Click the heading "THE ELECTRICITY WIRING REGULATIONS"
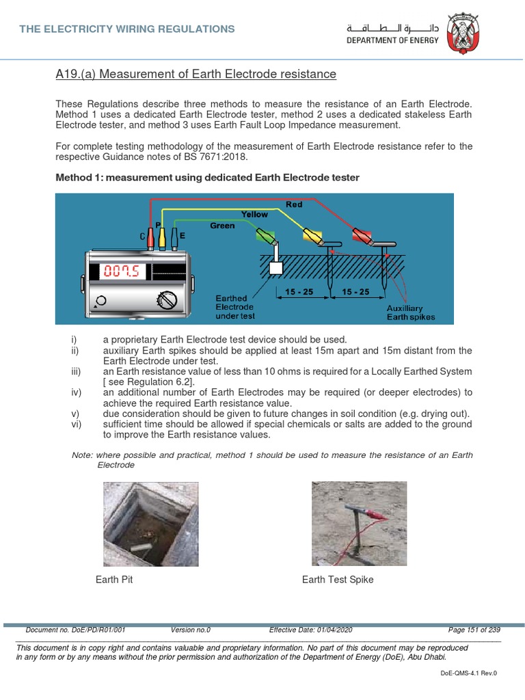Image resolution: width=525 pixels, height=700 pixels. pos(127,29)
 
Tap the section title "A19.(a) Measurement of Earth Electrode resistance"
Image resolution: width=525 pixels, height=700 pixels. pos(196,74)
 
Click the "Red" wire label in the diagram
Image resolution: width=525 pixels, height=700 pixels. pos(294,204)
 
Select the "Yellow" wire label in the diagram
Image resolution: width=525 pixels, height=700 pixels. pos(254,215)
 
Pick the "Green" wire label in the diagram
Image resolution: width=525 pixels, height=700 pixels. pos(222,226)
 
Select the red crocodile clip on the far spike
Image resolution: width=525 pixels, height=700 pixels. pos(362,237)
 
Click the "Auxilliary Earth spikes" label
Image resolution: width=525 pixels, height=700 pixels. pos(410,313)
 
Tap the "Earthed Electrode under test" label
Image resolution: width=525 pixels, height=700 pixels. pos(236,308)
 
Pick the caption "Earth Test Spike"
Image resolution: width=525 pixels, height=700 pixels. pos(338,580)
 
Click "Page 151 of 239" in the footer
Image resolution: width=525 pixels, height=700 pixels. pos(474,630)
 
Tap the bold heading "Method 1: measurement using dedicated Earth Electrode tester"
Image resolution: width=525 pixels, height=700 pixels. pos(206,178)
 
